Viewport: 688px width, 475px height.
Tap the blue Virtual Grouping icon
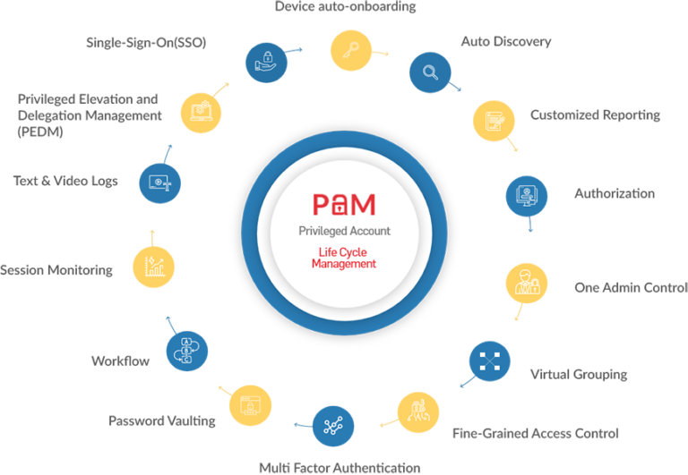click(x=489, y=361)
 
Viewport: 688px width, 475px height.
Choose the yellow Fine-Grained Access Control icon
click(x=417, y=411)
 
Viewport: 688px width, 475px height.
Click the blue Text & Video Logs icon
click(x=159, y=182)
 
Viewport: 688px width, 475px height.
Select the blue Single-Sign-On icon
click(x=265, y=61)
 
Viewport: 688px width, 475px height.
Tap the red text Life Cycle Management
click(x=344, y=259)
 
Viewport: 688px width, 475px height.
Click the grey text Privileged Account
click(x=344, y=231)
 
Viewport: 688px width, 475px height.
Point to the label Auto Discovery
click(x=505, y=42)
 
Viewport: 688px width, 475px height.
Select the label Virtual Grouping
click(x=578, y=373)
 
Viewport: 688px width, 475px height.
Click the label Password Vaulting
click(x=161, y=420)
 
